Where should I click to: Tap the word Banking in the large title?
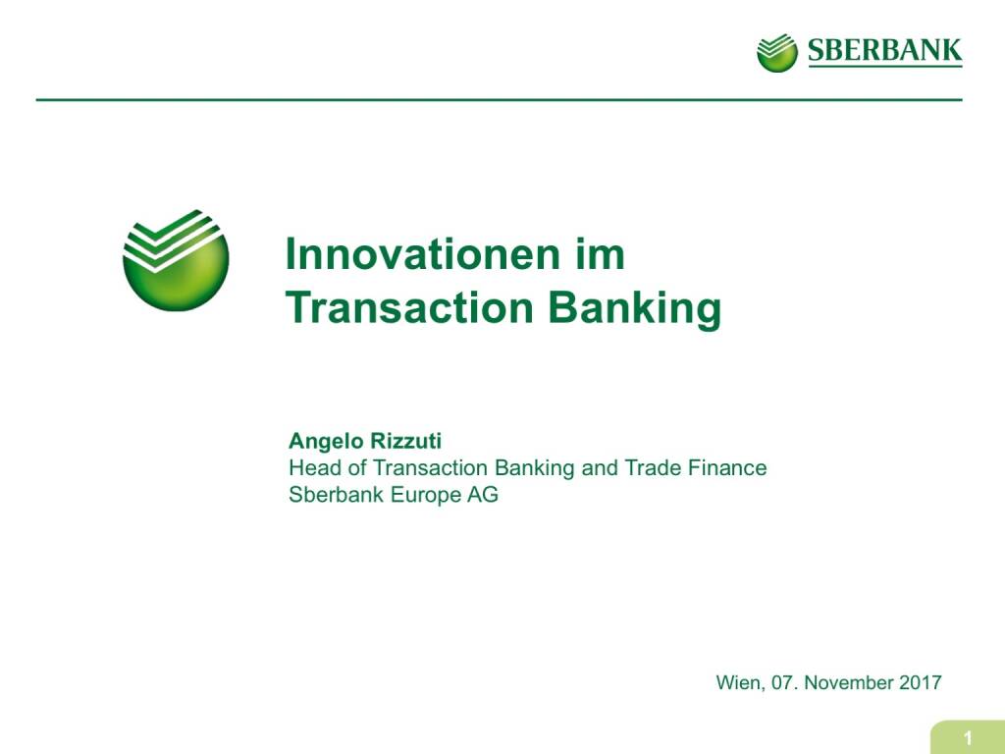pyautogui.click(x=635, y=309)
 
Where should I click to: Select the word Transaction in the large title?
pyautogui.click(x=410, y=307)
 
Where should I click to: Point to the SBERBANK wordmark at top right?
pyautogui.click(x=884, y=51)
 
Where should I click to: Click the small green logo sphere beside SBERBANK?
pyautogui.click(x=777, y=53)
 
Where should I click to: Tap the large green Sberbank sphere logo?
pyautogui.click(x=176, y=260)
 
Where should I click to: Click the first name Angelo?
pyautogui.click(x=326, y=442)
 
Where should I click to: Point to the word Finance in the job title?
pyautogui.click(x=727, y=468)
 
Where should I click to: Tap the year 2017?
pyautogui.click(x=921, y=683)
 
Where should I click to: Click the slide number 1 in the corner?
pyautogui.click(x=968, y=738)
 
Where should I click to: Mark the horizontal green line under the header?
pyautogui.click(x=500, y=100)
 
